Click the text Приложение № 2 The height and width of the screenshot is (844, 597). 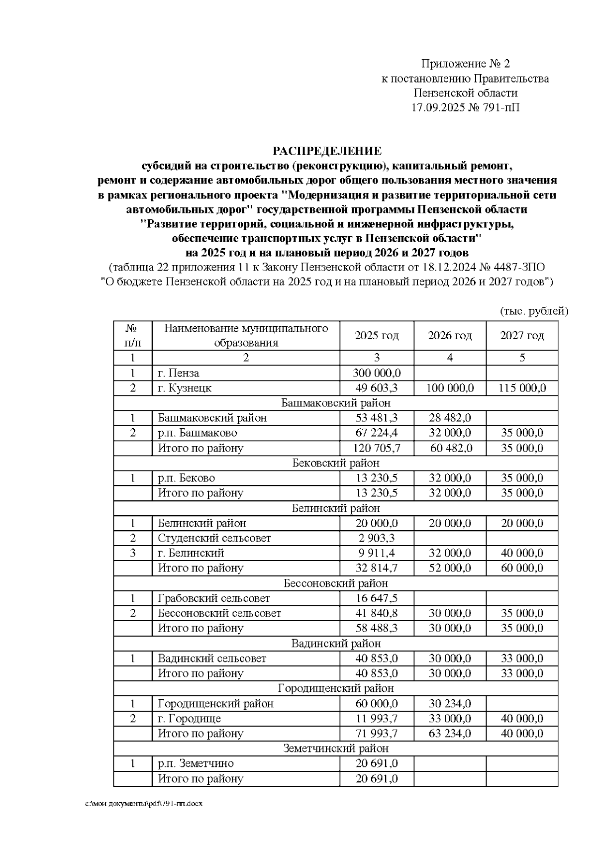tap(465, 64)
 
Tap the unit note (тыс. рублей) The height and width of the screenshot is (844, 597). tap(533, 312)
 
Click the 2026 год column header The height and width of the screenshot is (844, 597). tap(450, 336)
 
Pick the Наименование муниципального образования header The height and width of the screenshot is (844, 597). tap(246, 336)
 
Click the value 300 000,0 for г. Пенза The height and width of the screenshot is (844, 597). tap(377, 373)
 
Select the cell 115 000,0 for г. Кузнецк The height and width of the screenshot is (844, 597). tap(522, 388)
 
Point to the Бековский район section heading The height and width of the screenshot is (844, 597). tap(336, 463)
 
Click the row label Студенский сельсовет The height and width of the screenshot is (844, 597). tap(214, 538)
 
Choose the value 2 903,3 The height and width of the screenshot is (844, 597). tap(377, 538)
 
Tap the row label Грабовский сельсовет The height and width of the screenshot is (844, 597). tap(214, 598)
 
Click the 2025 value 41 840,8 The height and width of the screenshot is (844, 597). tap(377, 613)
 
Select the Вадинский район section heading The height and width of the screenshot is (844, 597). tap(336, 644)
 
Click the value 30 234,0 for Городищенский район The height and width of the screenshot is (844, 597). tap(450, 704)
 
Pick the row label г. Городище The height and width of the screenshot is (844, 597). tap(190, 719)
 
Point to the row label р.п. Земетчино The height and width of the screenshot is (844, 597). tap(196, 763)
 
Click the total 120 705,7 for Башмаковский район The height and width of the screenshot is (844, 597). tap(377, 448)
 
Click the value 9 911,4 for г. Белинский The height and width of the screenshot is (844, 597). tap(377, 553)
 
